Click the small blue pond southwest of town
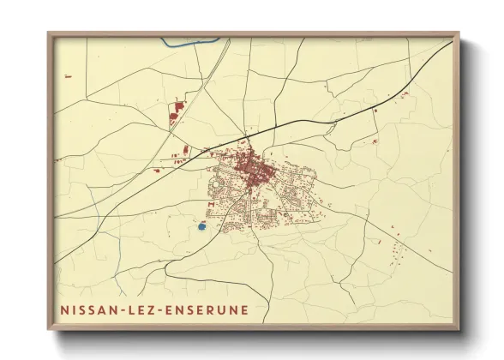[x=201, y=227]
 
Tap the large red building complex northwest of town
[x=177, y=112]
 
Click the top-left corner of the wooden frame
[x=50, y=35]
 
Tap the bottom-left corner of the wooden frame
[x=50, y=328]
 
